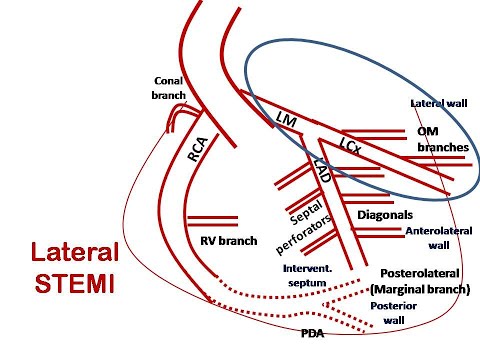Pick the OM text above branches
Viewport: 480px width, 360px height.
[x=429, y=131]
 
